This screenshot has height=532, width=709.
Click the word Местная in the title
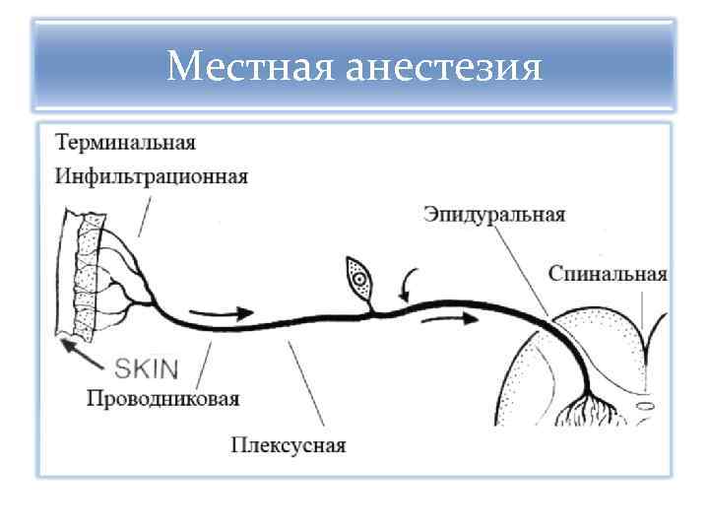point(250,68)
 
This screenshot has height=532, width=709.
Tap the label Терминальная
point(125,142)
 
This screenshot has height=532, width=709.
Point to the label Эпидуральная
point(494,213)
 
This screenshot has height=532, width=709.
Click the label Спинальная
point(608,274)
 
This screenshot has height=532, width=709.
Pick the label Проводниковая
point(162,399)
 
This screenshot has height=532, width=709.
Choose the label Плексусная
point(289,445)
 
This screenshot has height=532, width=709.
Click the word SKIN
point(148,369)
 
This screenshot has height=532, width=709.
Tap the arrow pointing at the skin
point(83,353)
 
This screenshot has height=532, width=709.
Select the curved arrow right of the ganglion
point(409,283)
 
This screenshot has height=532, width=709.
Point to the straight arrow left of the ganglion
point(215,314)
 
